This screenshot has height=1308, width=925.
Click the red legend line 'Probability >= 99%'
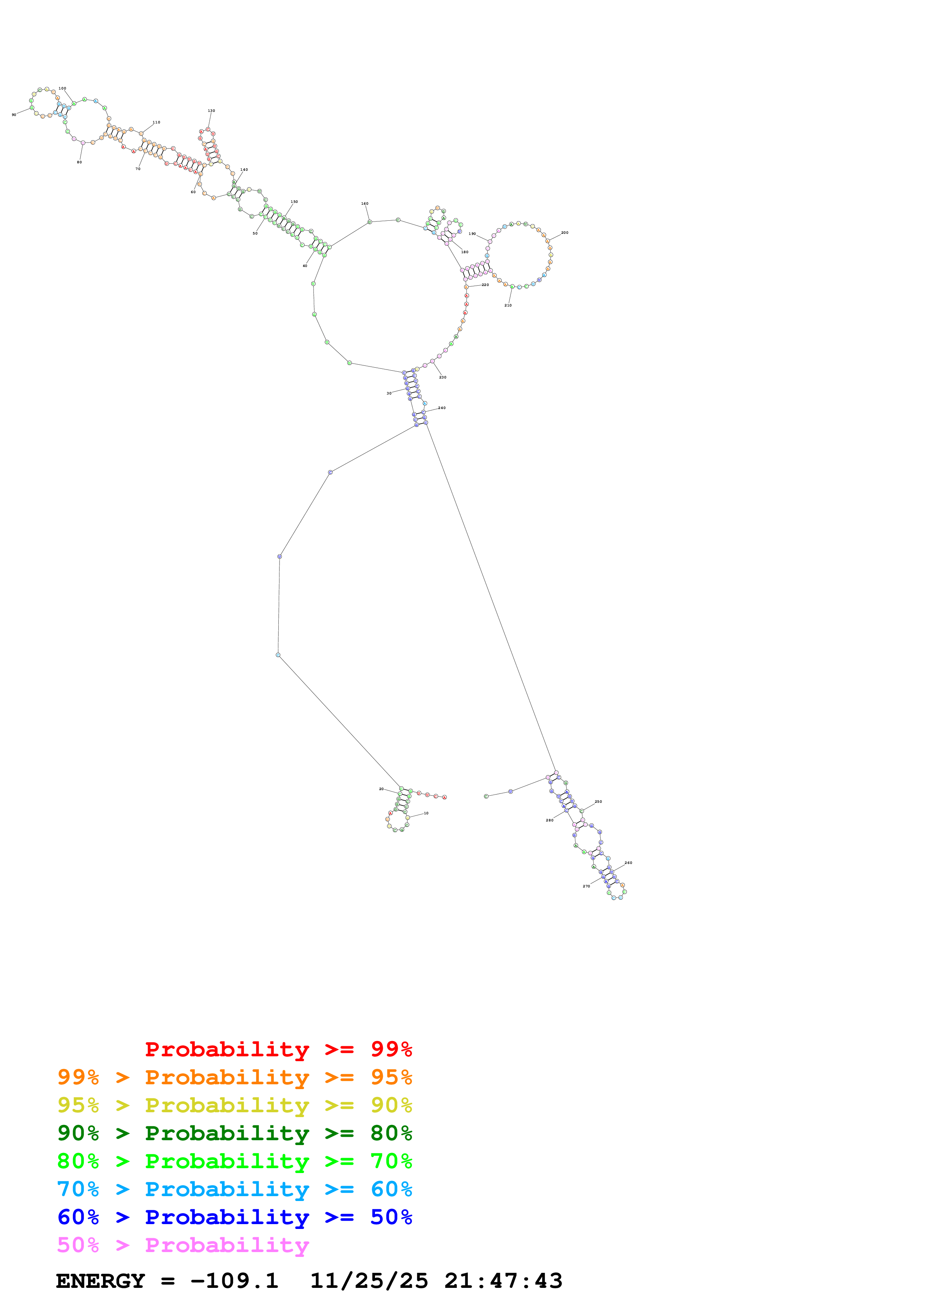click(278, 1049)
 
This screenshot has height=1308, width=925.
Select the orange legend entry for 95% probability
click(234, 1077)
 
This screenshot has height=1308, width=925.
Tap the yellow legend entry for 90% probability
click(234, 1105)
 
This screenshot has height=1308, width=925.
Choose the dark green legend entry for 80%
click(234, 1133)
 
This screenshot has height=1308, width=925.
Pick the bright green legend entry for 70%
click(234, 1161)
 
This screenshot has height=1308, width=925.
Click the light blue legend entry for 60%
click(234, 1189)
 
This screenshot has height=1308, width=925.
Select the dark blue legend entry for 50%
click(234, 1217)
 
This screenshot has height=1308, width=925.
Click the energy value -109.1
click(234, 1281)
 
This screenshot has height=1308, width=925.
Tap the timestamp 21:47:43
click(503, 1281)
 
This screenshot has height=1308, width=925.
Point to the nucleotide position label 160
click(365, 203)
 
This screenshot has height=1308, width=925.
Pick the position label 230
click(443, 377)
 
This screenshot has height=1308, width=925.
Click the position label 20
click(381, 789)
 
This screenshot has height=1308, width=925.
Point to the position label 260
click(628, 862)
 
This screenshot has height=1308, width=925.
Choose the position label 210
click(508, 305)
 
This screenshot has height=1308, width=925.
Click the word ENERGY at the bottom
click(100, 1281)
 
